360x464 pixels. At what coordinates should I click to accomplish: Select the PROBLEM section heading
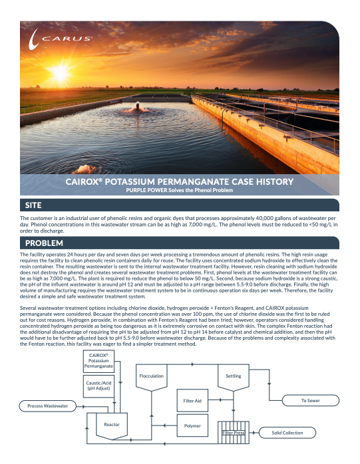coord(44,242)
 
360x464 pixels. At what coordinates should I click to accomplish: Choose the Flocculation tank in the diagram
coord(152,376)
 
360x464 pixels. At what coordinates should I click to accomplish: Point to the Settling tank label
coord(234,376)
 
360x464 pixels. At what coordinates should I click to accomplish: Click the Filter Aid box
coord(192,401)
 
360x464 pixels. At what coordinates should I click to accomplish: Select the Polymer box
coord(192,425)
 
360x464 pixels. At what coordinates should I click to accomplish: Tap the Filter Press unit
coord(234,432)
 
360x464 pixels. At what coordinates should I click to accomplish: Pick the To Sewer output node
coord(311,401)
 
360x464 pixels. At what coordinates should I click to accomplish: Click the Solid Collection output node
coord(287,433)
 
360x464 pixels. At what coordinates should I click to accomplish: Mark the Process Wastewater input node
coord(47,406)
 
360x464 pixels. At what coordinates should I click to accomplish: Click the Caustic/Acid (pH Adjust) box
coord(98,385)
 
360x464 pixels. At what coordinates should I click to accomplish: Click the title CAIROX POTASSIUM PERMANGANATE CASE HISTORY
coord(180,181)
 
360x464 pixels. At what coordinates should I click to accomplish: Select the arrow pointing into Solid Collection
coord(255,433)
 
